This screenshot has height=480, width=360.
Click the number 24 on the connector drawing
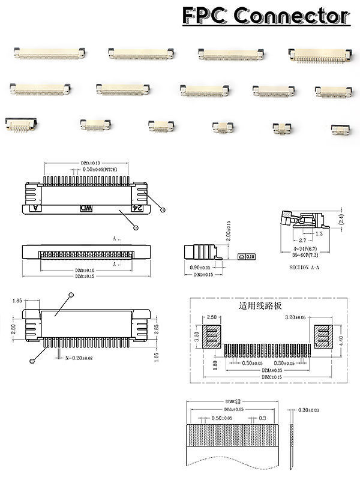pos(137,208)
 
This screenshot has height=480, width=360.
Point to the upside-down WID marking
pos(86,208)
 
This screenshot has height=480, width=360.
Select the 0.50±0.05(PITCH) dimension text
pos(106,170)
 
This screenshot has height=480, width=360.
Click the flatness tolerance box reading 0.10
pos(247,256)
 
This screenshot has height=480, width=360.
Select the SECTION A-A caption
pos(307,266)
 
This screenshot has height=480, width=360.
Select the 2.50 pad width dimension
pos(211,317)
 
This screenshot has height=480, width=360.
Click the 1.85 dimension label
pos(17,300)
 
